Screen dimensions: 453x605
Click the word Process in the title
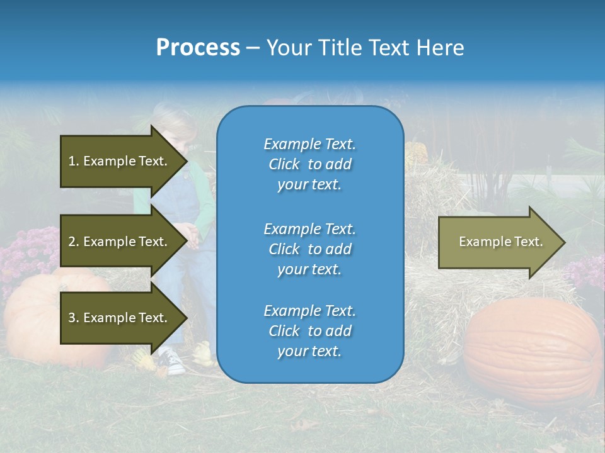pyautogui.click(x=198, y=48)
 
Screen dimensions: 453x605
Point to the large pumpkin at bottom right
pyautogui.click(x=533, y=352)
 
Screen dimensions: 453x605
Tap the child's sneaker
pyautogui.click(x=171, y=361)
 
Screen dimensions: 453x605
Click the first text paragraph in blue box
pyautogui.click(x=309, y=164)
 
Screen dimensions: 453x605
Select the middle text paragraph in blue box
pyautogui.click(x=309, y=249)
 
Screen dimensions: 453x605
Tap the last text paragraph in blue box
pyautogui.click(x=309, y=331)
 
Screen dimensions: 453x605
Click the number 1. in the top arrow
pyautogui.click(x=74, y=161)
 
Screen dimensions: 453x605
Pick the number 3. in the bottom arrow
pyautogui.click(x=74, y=318)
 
